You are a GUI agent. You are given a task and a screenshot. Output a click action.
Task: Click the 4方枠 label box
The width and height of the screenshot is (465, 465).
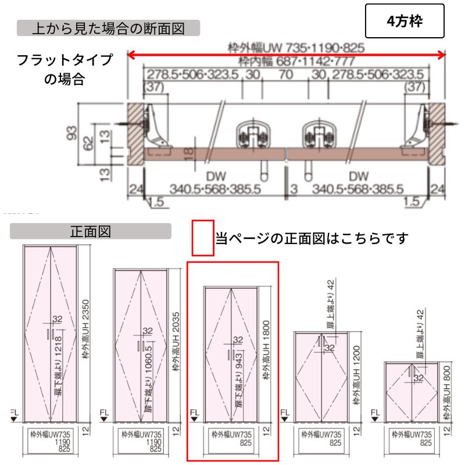[x=405, y=22]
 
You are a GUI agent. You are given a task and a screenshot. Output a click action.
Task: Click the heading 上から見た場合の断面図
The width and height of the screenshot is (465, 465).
[x=108, y=28]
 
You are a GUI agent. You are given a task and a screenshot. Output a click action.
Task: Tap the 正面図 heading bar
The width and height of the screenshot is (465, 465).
[x=91, y=231]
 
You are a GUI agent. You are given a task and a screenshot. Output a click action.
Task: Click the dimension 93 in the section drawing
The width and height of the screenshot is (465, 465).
[x=72, y=135]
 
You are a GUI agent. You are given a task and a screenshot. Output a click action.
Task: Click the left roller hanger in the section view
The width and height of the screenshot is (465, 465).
[x=251, y=137]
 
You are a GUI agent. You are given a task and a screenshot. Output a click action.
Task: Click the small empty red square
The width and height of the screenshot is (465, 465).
[x=203, y=238]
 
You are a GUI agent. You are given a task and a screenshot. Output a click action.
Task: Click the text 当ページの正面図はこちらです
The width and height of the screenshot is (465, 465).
[x=312, y=238]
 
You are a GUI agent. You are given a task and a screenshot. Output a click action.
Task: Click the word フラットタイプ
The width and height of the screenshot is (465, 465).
[x=65, y=60]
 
